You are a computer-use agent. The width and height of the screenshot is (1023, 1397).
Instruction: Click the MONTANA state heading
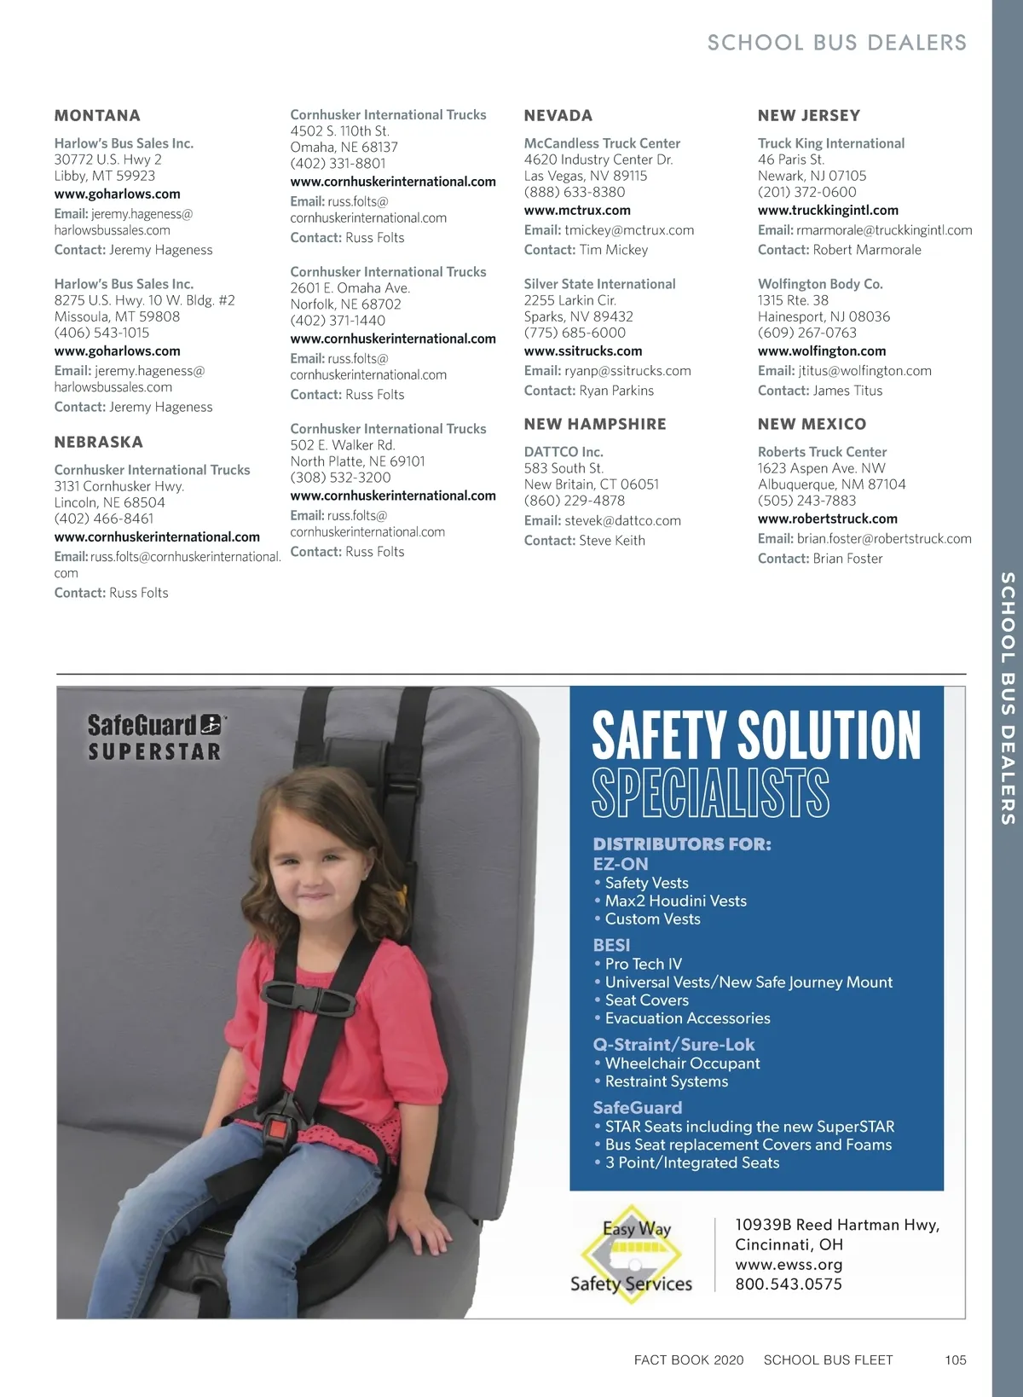point(97,116)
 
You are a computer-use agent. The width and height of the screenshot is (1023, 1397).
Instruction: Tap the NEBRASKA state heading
point(99,443)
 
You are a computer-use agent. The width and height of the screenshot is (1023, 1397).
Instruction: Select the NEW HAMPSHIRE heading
point(595,425)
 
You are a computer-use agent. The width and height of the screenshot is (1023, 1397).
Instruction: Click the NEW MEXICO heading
point(812,425)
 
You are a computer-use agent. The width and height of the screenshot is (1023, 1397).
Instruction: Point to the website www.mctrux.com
point(577,211)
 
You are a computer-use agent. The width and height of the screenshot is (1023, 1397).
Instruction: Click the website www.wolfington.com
point(822,351)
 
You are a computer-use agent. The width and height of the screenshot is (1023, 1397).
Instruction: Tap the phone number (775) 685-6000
point(575,333)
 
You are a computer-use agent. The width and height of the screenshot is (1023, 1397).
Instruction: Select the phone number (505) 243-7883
point(806,501)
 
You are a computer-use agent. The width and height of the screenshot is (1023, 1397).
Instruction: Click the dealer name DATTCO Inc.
point(564,452)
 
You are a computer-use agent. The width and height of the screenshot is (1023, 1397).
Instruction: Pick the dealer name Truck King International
point(831,144)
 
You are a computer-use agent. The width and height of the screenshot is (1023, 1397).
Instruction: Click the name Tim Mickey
point(614,250)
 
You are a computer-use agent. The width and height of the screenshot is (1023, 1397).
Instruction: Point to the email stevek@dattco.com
point(622,521)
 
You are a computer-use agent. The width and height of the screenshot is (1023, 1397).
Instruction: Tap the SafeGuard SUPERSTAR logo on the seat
point(155,738)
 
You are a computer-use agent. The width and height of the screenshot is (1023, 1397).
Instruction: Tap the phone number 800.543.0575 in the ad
point(789,1284)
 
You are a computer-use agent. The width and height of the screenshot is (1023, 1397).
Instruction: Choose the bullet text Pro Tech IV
point(644,965)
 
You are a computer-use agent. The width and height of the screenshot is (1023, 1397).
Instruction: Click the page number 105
point(956,1360)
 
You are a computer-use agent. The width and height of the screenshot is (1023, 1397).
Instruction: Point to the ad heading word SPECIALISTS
point(710,793)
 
